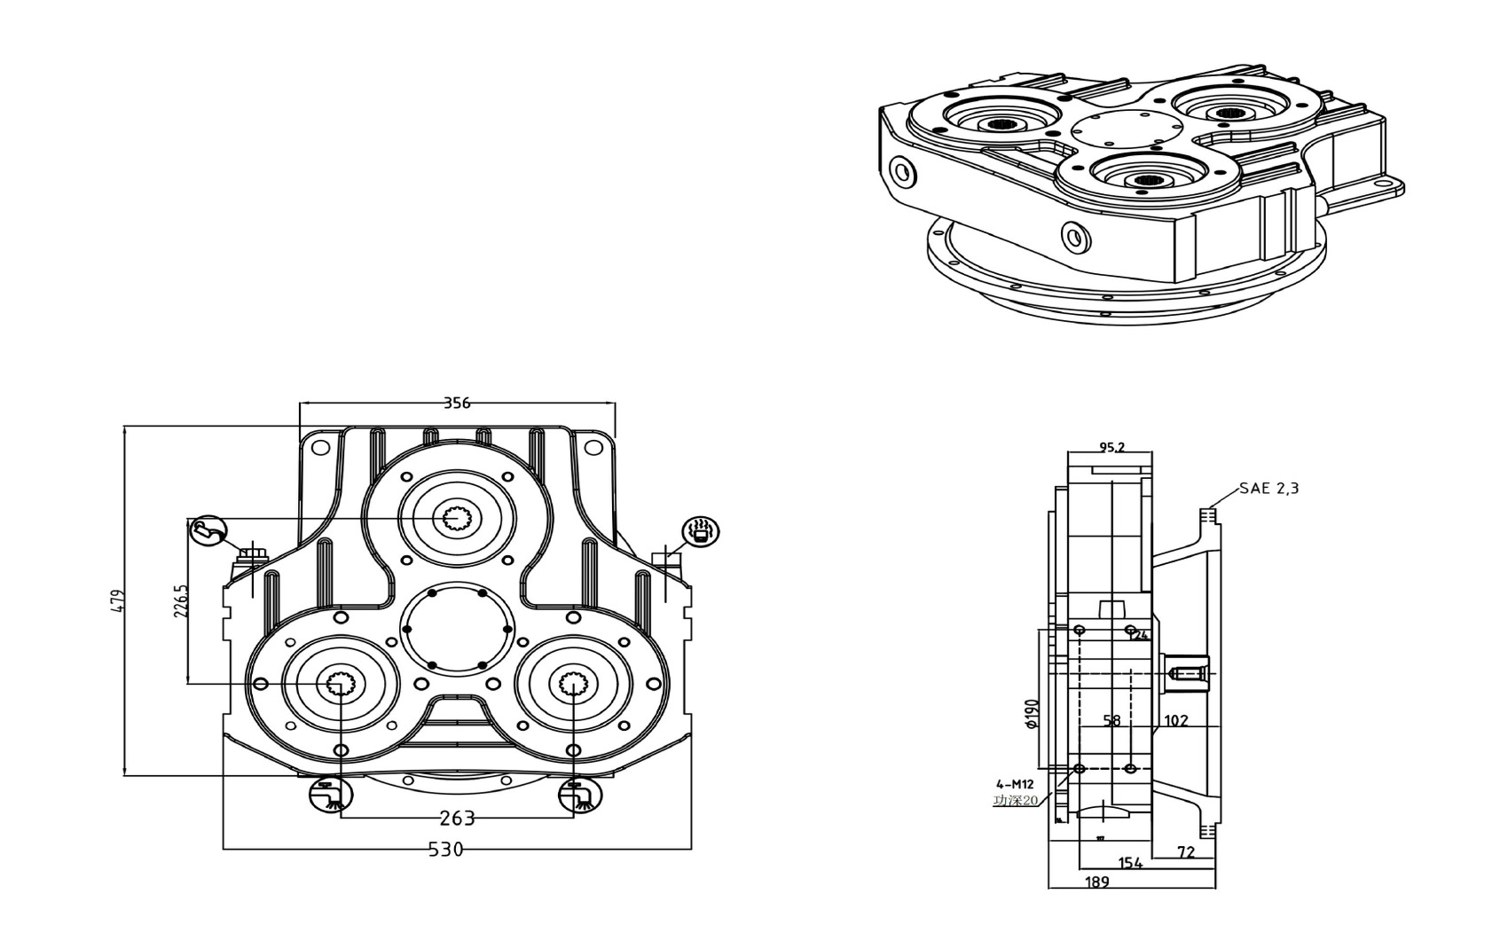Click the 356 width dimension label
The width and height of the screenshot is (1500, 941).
click(x=456, y=403)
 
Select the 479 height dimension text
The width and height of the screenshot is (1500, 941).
click(x=120, y=600)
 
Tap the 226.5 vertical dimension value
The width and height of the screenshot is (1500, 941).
click(x=181, y=600)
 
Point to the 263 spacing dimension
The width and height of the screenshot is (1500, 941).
click(x=457, y=818)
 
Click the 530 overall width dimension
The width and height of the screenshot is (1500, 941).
click(x=445, y=850)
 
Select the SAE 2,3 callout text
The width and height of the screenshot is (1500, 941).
click(x=1268, y=488)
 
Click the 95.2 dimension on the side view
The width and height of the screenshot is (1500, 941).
click(x=1111, y=447)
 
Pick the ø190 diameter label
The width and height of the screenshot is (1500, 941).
click(x=1031, y=714)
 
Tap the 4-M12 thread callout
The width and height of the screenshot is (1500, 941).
click(x=1015, y=784)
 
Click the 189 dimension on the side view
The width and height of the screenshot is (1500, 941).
click(x=1097, y=882)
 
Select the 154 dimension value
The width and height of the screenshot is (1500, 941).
click(x=1130, y=863)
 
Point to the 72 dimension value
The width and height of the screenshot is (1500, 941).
click(x=1186, y=852)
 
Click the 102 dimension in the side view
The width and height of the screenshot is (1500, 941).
click(x=1175, y=721)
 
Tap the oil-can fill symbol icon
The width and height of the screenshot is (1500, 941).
click(x=209, y=530)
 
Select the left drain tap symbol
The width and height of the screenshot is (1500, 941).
click(x=330, y=794)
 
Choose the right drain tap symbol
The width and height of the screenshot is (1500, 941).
click(x=580, y=794)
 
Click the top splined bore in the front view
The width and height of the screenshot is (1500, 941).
click(x=458, y=517)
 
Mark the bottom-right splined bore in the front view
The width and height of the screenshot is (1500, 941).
click(x=573, y=684)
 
